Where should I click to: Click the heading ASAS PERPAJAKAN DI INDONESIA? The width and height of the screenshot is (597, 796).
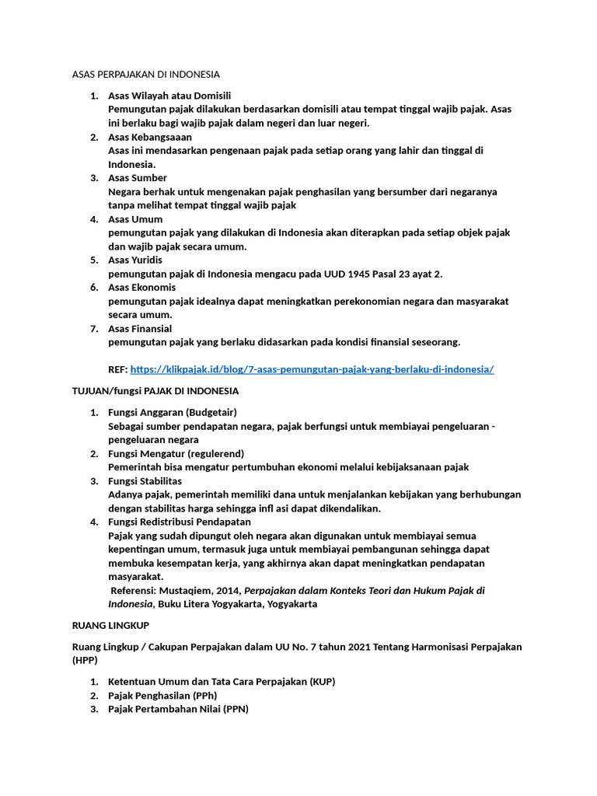point(145,75)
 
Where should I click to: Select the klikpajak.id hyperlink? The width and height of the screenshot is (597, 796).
point(312,369)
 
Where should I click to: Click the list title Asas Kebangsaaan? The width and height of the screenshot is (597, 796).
point(150,137)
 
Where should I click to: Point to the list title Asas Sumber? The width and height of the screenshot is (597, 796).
point(138,178)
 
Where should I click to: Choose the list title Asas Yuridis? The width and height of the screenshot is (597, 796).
point(135,260)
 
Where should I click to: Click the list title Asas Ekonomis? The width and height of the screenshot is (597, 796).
point(141,288)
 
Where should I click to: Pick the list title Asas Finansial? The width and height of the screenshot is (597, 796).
point(140,329)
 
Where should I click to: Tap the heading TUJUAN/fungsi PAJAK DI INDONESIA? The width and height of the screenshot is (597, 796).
point(155,391)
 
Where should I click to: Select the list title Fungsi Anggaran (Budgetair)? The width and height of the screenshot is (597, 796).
point(173,412)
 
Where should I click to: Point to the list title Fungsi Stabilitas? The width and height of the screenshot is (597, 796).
point(145,481)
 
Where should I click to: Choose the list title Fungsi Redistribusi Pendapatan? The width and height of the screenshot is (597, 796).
point(180,522)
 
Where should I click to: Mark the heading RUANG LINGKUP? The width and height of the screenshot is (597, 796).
point(110,625)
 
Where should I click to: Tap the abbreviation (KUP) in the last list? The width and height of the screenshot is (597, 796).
point(322,682)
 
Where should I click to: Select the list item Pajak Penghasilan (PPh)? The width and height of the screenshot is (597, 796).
point(162,695)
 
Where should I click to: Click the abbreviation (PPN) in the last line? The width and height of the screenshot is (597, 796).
point(233,709)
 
